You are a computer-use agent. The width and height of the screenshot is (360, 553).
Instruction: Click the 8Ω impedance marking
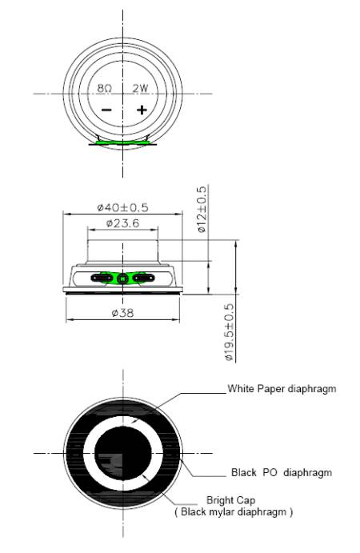(106, 88)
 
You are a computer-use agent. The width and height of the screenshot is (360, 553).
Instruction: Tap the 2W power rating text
(141, 88)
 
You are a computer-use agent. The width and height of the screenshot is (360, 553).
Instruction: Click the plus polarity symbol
(142, 110)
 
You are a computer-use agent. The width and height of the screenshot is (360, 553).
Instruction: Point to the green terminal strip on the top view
(122, 143)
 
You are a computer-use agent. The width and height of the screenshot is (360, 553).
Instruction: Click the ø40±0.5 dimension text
(122, 207)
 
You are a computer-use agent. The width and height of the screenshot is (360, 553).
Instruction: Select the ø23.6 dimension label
(122, 223)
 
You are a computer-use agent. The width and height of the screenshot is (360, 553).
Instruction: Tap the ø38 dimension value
(122, 313)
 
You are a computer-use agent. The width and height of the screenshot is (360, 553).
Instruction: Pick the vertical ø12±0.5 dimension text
(202, 209)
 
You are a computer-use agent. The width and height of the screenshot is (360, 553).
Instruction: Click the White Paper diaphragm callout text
(282, 389)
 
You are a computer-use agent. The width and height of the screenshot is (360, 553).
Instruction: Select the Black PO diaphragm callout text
(281, 473)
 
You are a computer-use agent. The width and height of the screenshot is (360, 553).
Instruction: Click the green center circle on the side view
(122, 279)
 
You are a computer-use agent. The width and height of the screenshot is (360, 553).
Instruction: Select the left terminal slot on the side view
(102, 279)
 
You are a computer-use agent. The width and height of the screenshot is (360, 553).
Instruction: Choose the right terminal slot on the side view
(142, 279)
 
